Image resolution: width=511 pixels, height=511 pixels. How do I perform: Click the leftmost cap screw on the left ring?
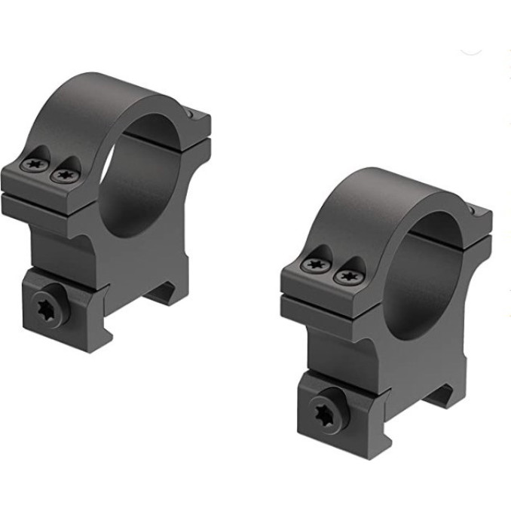tap(35, 164)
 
